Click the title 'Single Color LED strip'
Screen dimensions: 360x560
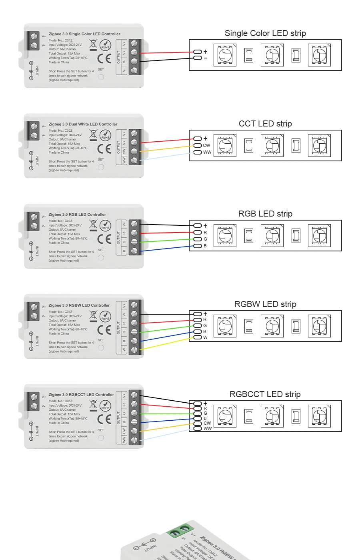click(x=265, y=33)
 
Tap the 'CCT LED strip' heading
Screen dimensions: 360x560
click(x=265, y=124)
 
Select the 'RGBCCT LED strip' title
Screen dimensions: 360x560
click(x=265, y=394)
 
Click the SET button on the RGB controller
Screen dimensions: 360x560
click(x=101, y=257)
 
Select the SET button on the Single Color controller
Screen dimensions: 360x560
click(x=101, y=77)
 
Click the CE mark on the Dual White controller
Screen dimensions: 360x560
click(x=104, y=149)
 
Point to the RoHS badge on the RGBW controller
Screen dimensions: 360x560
click(x=105, y=317)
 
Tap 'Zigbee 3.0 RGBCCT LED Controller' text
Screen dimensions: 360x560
click(x=81, y=395)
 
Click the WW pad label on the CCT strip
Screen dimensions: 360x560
click(x=207, y=152)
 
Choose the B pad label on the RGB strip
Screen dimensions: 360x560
click(x=205, y=246)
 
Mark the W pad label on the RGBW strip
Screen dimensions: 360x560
click(x=205, y=337)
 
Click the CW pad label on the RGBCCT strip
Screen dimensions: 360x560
click(x=207, y=423)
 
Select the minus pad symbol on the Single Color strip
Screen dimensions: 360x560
click(x=206, y=58)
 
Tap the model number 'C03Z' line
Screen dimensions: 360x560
click(x=60, y=221)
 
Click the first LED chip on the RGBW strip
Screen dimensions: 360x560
click(x=225, y=326)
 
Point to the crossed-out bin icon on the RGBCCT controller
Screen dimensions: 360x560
click(x=93, y=405)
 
